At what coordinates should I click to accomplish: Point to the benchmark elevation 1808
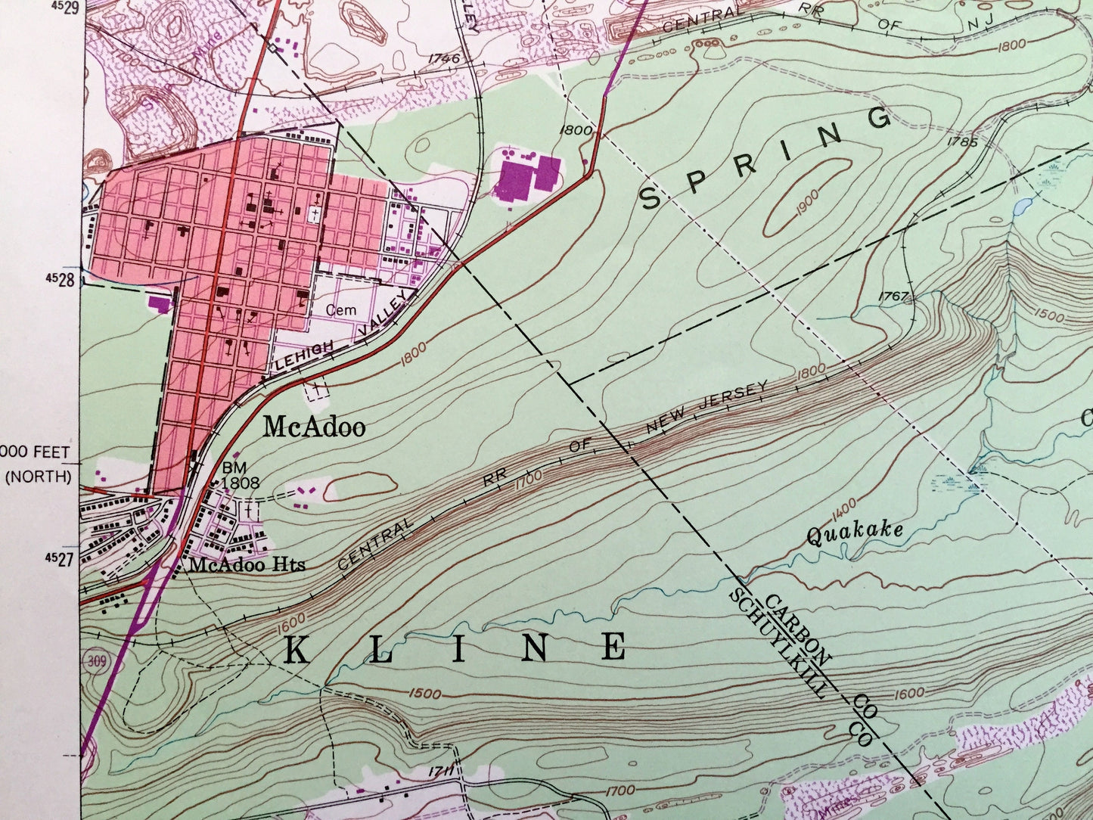click(241, 483)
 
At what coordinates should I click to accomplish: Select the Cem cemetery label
click(340, 310)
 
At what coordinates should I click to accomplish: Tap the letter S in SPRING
click(651, 198)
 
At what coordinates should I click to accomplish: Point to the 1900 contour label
click(806, 200)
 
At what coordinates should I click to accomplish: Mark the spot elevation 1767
click(893, 297)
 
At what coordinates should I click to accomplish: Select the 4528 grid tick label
click(61, 279)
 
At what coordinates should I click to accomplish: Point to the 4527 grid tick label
click(61, 558)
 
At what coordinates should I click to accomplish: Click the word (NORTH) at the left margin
click(40, 477)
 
